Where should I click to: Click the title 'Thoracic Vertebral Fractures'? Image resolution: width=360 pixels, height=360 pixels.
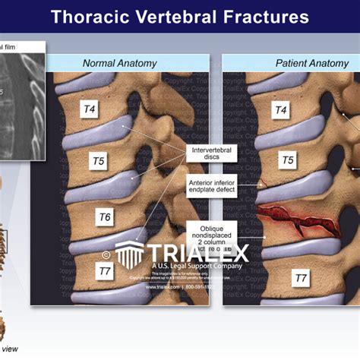(x=180, y=16)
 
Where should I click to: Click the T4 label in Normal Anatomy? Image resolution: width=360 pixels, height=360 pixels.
(x=90, y=109)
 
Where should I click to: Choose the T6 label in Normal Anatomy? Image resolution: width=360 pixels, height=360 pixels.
(x=105, y=217)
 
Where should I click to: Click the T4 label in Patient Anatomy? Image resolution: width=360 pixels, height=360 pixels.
(x=281, y=111)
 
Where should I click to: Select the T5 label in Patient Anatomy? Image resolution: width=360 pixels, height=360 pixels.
(x=288, y=160)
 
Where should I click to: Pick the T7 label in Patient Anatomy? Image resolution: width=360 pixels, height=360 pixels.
(x=301, y=279)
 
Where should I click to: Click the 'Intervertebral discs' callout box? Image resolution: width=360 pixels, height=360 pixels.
(x=211, y=154)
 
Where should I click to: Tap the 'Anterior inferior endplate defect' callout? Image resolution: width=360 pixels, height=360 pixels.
(x=211, y=186)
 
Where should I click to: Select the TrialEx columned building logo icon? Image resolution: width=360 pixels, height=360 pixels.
(x=131, y=254)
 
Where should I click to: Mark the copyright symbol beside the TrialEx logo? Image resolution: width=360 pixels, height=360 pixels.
(x=106, y=255)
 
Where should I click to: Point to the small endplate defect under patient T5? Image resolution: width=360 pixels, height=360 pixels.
(x=261, y=182)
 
